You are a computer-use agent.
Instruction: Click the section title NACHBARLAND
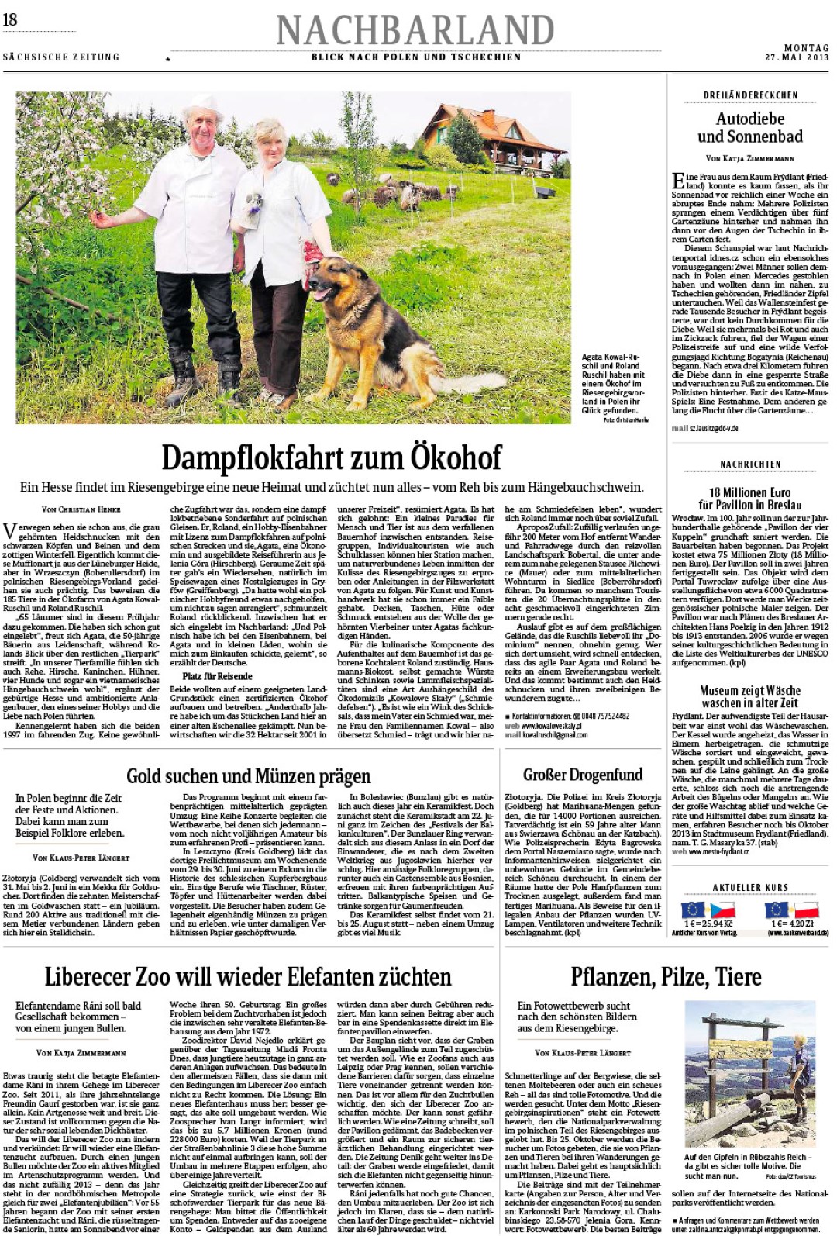(x=415, y=30)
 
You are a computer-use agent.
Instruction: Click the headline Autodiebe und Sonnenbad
(x=749, y=128)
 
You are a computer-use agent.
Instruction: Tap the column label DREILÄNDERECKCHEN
(x=749, y=95)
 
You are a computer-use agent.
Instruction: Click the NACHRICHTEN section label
(x=749, y=464)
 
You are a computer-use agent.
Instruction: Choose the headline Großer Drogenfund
(x=583, y=774)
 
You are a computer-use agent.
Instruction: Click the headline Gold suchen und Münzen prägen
(x=248, y=775)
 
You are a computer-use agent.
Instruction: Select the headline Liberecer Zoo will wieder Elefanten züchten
(x=248, y=975)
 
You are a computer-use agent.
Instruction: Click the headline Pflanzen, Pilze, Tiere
(x=666, y=976)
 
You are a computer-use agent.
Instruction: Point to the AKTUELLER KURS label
(x=749, y=887)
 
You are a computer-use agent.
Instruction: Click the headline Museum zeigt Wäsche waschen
(x=749, y=696)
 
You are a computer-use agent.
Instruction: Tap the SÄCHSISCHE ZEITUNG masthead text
(x=61, y=57)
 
